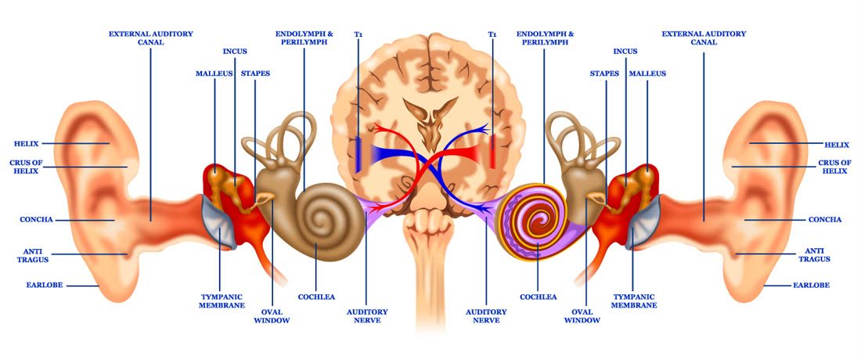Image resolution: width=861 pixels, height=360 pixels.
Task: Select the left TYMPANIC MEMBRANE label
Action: tap(221, 302)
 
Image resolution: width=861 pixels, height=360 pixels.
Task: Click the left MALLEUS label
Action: tap(212, 74)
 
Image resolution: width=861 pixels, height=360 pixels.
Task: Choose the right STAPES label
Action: tap(604, 74)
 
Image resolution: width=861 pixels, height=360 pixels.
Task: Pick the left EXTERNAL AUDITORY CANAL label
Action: tap(151, 38)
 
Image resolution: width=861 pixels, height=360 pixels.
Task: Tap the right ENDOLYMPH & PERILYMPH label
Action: tap(546, 38)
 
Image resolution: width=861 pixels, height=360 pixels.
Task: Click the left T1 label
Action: tap(358, 34)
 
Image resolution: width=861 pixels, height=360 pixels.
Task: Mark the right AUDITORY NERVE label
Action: tap(486, 316)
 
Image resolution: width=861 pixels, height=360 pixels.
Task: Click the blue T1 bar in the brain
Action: tap(358, 154)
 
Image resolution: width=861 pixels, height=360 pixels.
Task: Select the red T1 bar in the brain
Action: tap(492, 153)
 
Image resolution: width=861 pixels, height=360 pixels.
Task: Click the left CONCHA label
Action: tap(36, 220)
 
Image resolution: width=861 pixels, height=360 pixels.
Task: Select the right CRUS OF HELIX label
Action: tap(834, 167)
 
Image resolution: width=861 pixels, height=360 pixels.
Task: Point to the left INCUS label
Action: tap(234, 52)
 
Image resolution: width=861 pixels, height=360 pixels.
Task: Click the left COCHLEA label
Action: tap(316, 297)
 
